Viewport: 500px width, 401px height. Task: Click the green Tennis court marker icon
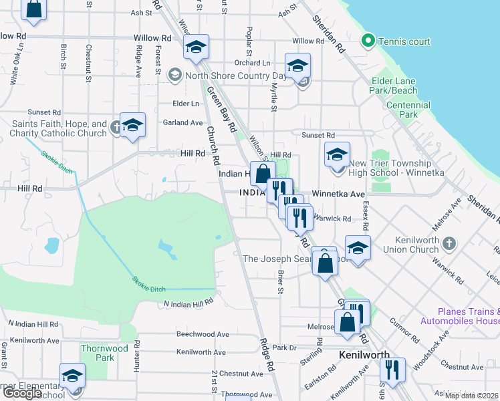367,41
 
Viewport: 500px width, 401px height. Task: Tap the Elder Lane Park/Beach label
394,86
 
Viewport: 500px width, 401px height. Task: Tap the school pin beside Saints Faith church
132,126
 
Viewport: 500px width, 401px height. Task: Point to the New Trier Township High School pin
337,155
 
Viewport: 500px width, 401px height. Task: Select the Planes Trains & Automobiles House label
460,316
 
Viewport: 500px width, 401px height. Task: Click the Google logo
22,393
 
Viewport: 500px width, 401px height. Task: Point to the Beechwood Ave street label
203,334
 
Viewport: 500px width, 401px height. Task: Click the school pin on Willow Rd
196,48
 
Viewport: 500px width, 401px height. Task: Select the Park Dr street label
284,348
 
